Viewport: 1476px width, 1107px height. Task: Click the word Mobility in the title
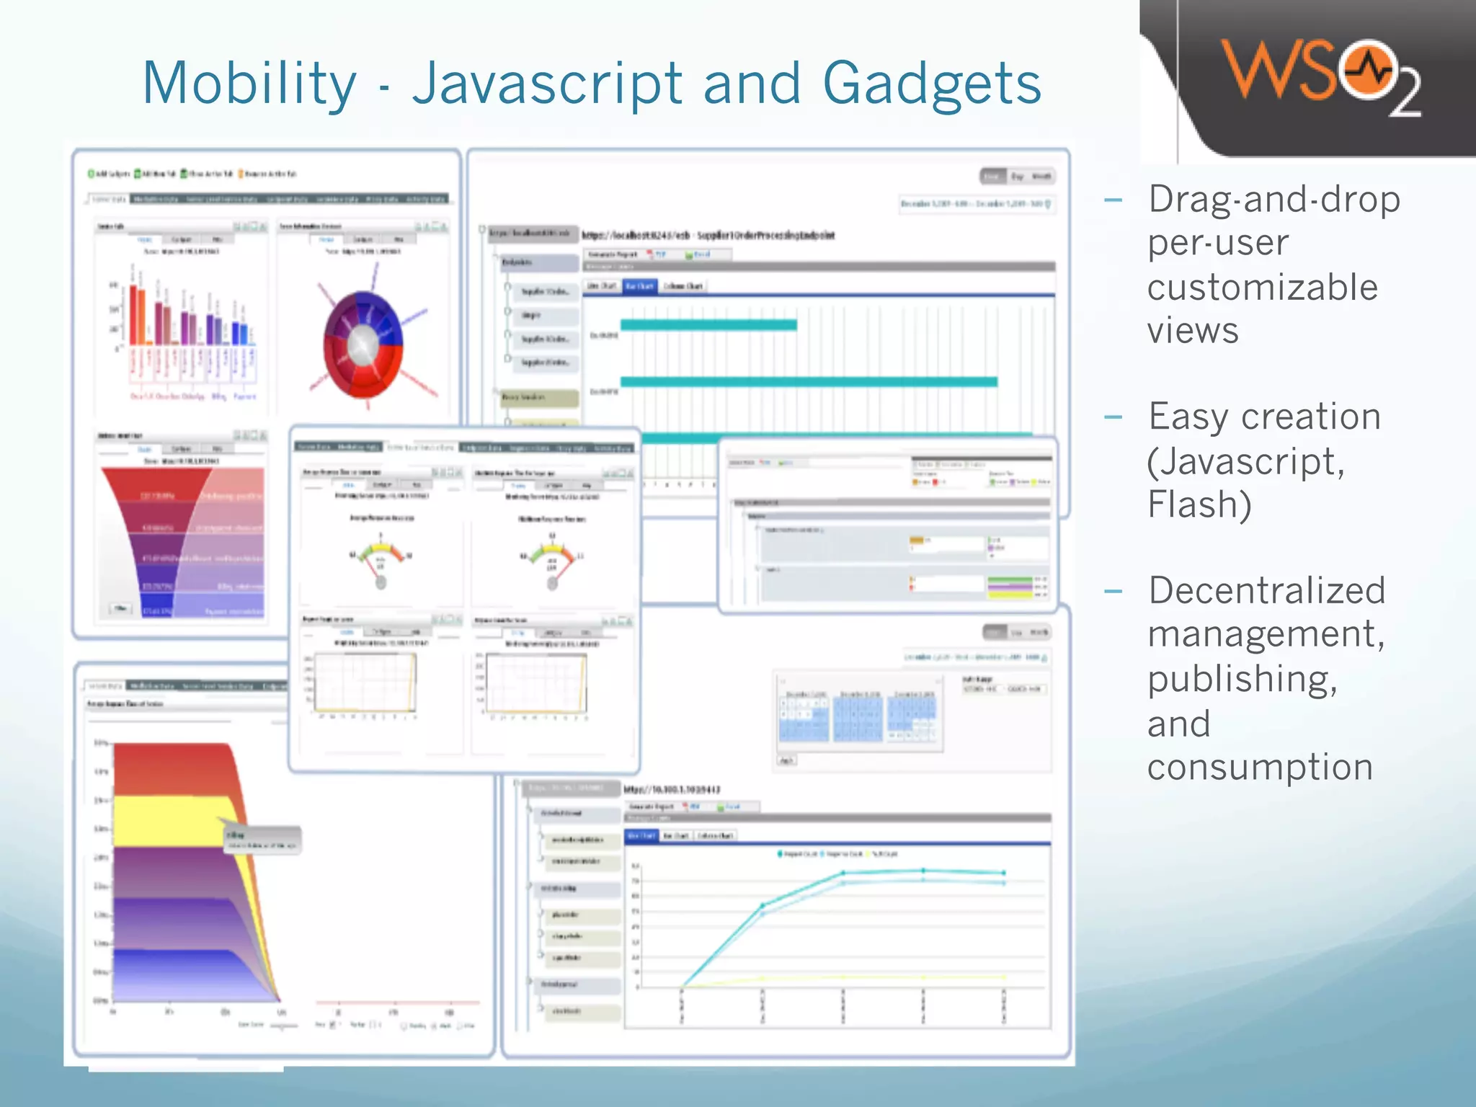tap(249, 84)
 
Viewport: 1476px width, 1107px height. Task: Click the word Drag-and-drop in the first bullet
tap(1274, 199)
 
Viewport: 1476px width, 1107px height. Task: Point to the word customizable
tap(1262, 287)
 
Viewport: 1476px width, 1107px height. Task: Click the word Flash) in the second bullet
tap(1199, 504)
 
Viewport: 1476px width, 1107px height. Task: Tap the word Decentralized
tap(1267, 590)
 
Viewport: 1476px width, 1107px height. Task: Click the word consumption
tap(1260, 767)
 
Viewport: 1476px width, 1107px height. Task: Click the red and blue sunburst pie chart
tap(363, 344)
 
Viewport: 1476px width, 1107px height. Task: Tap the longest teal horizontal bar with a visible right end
tap(809, 381)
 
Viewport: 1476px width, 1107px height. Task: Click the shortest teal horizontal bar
tap(708, 325)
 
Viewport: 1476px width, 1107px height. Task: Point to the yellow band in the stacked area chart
tap(173, 822)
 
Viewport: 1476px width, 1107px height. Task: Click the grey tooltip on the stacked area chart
tap(262, 840)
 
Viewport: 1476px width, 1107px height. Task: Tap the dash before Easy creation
tap(1113, 417)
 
